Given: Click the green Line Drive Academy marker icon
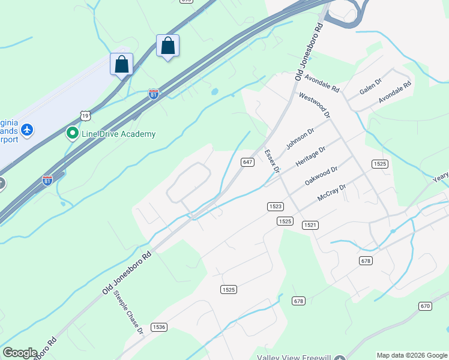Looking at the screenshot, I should pyautogui.click(x=73, y=133).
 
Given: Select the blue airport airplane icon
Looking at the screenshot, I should pyautogui.click(x=26, y=129).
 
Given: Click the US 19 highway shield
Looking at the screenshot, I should pyautogui.click(x=86, y=115).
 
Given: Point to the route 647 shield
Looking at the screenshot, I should pyautogui.click(x=247, y=162).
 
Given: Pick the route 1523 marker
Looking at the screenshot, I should pyautogui.click(x=275, y=206).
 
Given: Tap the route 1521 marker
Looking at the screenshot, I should pyautogui.click(x=310, y=225).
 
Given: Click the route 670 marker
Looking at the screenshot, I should pyautogui.click(x=425, y=306).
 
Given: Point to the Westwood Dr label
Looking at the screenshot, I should pyautogui.click(x=315, y=104).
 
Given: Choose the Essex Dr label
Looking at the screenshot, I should pyautogui.click(x=272, y=161).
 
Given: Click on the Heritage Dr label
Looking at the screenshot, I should pyautogui.click(x=310, y=156).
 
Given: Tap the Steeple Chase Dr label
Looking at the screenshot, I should pyautogui.click(x=129, y=312).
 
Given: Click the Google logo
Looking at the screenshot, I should pyautogui.click(x=20, y=353).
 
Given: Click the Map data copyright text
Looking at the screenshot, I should pyautogui.click(x=411, y=355).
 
